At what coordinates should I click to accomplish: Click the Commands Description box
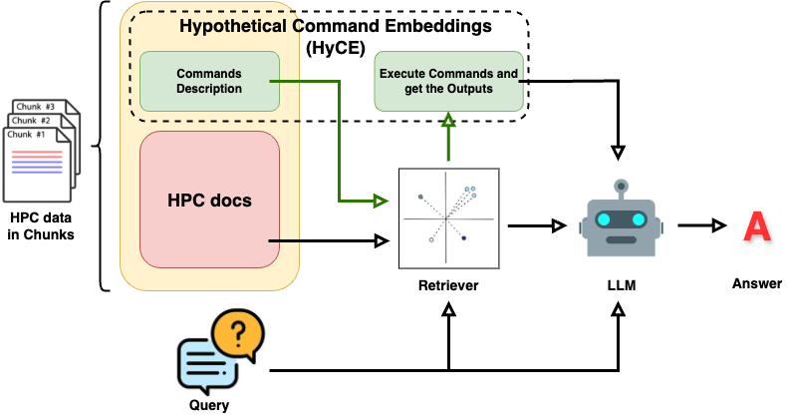coord(208,81)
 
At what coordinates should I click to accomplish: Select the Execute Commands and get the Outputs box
coord(448,81)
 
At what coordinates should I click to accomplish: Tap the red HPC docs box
coord(209,200)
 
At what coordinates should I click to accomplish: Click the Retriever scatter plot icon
coord(448,217)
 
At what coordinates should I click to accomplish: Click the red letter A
coord(757,226)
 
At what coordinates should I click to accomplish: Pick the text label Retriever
coord(448,285)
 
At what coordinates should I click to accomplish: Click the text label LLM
coord(621,285)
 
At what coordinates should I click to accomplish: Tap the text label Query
coord(209,405)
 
